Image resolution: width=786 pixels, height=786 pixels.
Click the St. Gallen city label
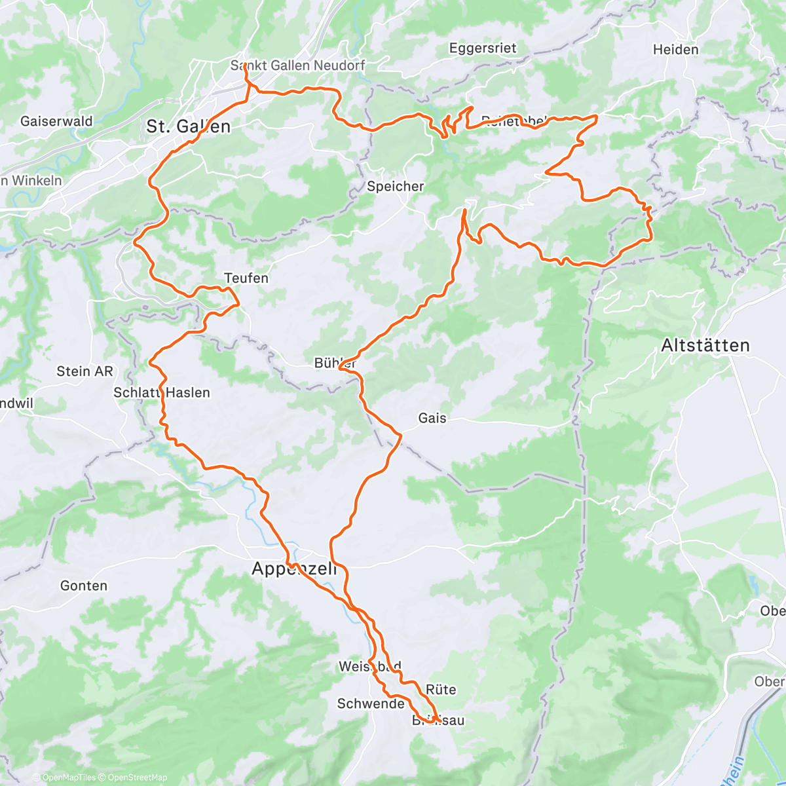[x=188, y=126]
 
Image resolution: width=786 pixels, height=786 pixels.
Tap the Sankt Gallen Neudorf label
[x=297, y=65]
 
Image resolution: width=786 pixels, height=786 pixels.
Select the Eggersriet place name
[x=483, y=48]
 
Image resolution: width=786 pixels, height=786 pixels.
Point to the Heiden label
[x=675, y=50]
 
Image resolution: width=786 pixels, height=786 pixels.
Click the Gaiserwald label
[x=56, y=121]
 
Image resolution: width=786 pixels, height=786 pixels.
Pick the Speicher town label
[x=395, y=187]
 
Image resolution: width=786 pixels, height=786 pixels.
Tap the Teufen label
[x=246, y=278]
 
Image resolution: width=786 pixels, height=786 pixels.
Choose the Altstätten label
[x=705, y=345]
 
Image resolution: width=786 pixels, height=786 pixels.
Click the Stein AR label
[x=84, y=371]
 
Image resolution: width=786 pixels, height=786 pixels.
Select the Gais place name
[x=432, y=418]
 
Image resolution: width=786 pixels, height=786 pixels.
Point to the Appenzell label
[x=294, y=569]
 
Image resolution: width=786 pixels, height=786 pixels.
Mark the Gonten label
[x=83, y=586]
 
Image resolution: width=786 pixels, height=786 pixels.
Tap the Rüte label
[x=441, y=690]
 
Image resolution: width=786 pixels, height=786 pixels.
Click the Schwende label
[x=370, y=704]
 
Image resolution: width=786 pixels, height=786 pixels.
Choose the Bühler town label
[x=335, y=363]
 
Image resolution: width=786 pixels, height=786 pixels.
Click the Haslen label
[x=188, y=393]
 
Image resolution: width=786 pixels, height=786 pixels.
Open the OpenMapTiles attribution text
[x=69, y=777]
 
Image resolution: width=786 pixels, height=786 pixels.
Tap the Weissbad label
[x=369, y=667]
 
